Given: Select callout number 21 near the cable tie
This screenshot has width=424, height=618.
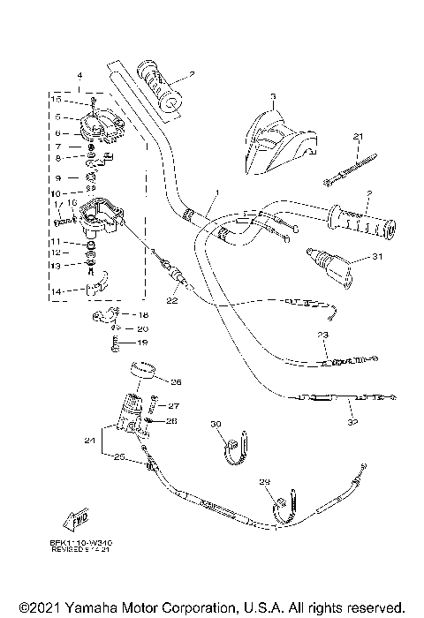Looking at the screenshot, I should pos(358,137).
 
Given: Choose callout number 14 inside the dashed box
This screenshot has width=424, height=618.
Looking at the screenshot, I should pos(55,290).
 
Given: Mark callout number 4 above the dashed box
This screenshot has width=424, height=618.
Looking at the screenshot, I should pos(79,77).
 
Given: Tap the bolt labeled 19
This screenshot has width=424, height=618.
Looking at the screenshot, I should pos(114,341).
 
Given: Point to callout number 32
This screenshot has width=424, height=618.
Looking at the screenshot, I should pos(352,422).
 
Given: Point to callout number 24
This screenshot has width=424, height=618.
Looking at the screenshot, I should pos(89,439).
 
